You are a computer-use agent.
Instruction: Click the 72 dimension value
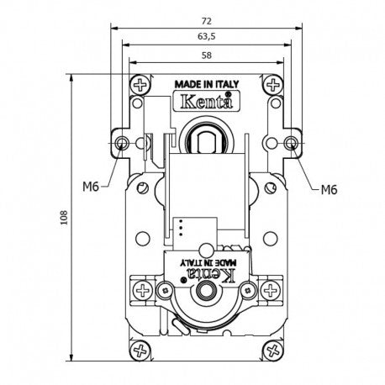tap(206, 21)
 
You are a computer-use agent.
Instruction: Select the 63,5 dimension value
tap(207, 36)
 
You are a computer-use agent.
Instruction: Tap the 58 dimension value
tap(207, 55)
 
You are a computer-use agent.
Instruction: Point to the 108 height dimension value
tap(64, 218)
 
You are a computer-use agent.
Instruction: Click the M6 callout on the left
tap(91, 187)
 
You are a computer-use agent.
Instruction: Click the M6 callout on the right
tap(329, 190)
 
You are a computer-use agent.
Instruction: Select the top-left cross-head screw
tap(140, 85)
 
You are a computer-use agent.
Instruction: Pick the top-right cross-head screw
tap(273, 85)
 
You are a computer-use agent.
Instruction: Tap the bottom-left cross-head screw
tap(140, 351)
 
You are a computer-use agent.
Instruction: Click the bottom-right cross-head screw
tap(273, 351)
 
